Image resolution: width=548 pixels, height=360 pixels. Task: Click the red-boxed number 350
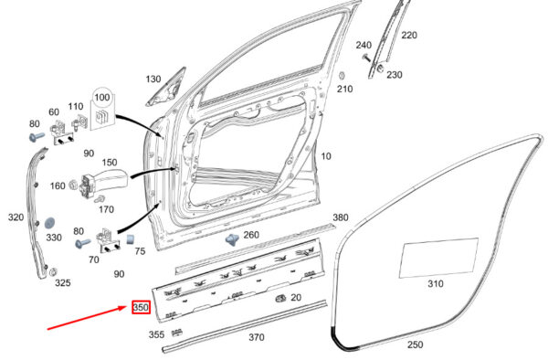pyautogui.click(x=141, y=307)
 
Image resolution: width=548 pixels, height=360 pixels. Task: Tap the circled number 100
pyautogui.click(x=102, y=97)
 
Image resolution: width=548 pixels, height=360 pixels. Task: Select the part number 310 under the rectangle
pyautogui.click(x=436, y=283)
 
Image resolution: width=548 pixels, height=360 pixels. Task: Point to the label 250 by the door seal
pyautogui.click(x=416, y=344)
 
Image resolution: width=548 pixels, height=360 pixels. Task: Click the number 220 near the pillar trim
pyautogui.click(x=409, y=35)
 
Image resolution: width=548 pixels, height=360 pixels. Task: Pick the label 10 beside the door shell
pyautogui.click(x=326, y=156)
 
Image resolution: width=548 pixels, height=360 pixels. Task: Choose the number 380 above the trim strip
pyautogui.click(x=340, y=217)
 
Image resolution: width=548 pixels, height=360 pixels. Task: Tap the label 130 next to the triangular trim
pyautogui.click(x=153, y=79)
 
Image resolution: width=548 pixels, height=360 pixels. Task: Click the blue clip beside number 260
pyautogui.click(x=232, y=239)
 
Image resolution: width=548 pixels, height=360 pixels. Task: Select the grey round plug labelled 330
pyautogui.click(x=50, y=223)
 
